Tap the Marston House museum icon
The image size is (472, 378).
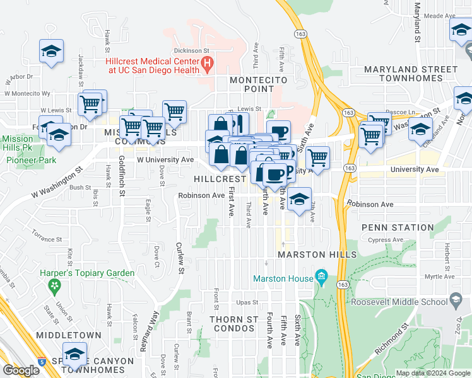point(321,276)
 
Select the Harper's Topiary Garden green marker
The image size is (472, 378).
point(55,286)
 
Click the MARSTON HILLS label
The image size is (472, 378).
point(317,255)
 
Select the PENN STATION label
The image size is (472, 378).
point(398,227)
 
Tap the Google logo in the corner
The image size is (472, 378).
point(21,370)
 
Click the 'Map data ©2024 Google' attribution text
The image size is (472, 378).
point(433,373)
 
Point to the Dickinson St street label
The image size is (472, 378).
point(193,50)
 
